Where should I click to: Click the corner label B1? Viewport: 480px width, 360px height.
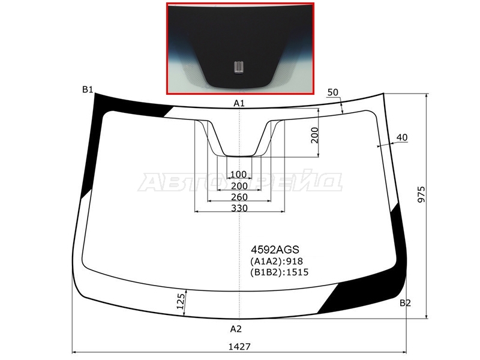88,89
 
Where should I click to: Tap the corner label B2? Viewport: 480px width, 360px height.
405,303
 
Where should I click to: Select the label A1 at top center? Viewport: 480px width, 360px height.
239,103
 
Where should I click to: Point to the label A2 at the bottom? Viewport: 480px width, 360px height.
236,329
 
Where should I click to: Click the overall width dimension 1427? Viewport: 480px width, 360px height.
239,347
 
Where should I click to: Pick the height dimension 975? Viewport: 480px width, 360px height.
422,194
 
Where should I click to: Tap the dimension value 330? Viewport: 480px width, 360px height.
239,208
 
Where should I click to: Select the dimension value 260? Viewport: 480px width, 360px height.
239,197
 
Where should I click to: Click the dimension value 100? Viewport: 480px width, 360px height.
238,174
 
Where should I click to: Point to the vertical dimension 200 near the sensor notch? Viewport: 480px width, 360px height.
314,135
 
